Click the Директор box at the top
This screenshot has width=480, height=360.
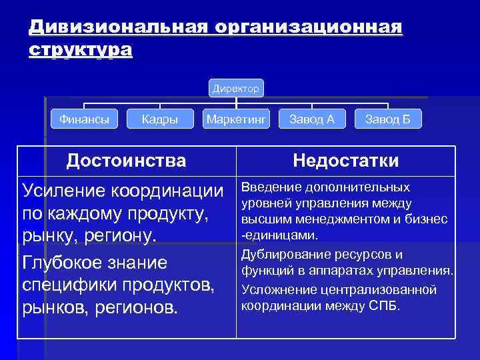click(236, 88)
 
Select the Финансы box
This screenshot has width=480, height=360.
click(85, 119)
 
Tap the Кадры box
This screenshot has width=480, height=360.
click(160, 119)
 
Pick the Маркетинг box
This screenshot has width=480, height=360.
click(236, 119)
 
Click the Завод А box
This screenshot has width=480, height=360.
click(312, 119)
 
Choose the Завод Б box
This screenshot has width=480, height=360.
click(388, 119)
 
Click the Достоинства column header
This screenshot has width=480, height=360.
click(127, 160)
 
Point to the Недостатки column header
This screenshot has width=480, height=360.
click(346, 161)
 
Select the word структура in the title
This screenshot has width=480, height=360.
click(81, 51)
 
